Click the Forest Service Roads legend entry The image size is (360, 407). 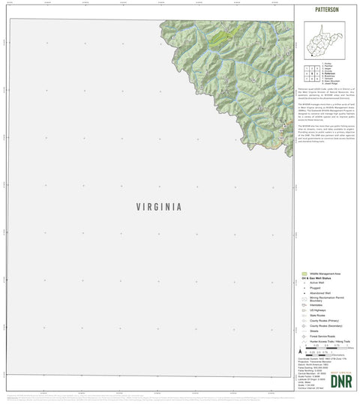pos(322,337)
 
